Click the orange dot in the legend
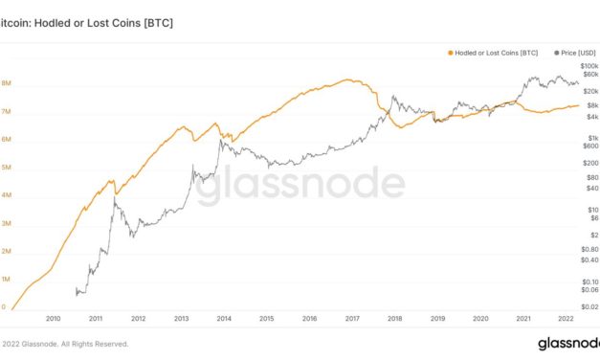450,52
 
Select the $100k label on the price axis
589,65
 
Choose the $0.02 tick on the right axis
589,306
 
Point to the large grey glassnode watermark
300,185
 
